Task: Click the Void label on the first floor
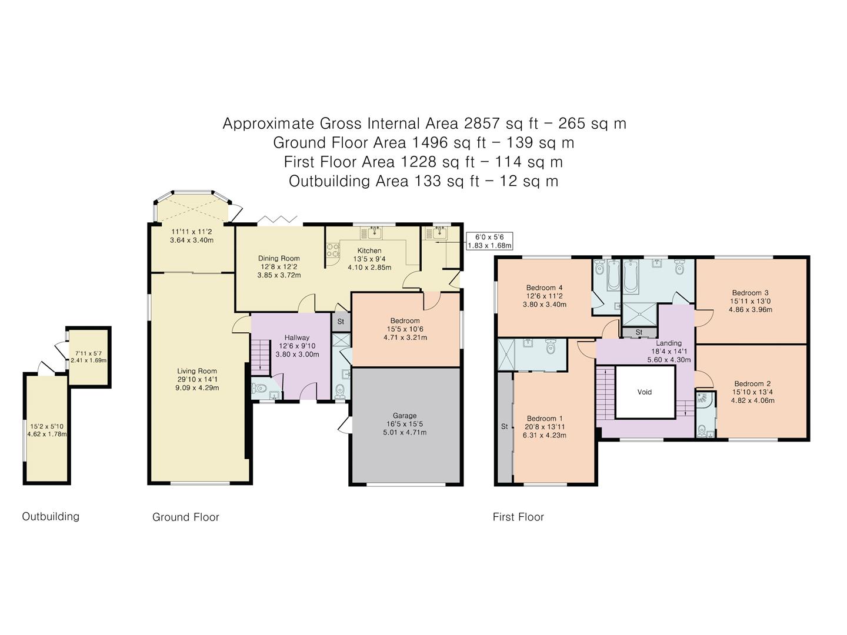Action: pos(645,392)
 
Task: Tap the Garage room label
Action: pos(405,416)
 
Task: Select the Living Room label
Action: pos(197,371)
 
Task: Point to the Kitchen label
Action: pos(369,250)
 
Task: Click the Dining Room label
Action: pos(279,258)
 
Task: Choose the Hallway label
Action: pos(296,337)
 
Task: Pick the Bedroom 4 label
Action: pos(544,288)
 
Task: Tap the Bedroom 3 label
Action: pos(750,293)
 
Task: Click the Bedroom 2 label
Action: pos(752,383)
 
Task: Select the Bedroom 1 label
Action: pos(545,418)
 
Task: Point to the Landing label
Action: pos(669,343)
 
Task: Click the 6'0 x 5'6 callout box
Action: pos(489,241)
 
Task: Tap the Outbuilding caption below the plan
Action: pos(51,517)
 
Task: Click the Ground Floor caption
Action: pos(186,517)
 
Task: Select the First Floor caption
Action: pos(518,517)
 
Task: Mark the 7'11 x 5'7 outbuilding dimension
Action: pos(88,353)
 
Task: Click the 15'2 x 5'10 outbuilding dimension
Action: pos(46,426)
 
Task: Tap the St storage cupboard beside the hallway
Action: pos(341,321)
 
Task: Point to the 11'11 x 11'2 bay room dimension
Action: pos(191,232)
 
